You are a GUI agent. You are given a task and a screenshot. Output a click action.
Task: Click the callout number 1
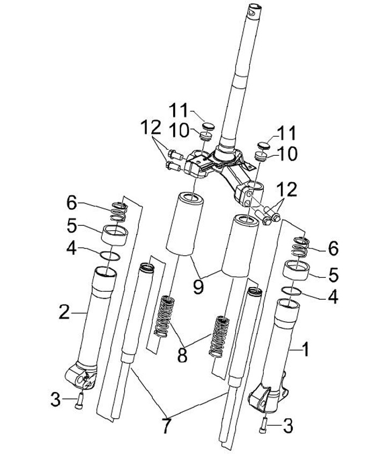click(x=305, y=350)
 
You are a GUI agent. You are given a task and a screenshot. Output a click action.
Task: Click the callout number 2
click(x=64, y=313)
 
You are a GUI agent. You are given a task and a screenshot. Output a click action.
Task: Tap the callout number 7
click(x=166, y=426)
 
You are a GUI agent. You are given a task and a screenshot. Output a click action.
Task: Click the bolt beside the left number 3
click(x=79, y=400)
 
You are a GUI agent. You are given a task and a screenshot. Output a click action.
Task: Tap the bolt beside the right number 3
click(x=263, y=425)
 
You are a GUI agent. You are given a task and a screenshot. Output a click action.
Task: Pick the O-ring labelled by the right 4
click(x=291, y=291)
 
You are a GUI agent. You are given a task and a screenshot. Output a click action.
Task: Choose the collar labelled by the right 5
click(x=296, y=270)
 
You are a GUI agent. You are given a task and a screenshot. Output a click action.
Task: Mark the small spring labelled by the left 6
click(x=119, y=211)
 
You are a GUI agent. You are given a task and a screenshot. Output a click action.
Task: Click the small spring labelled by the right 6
click(x=301, y=247)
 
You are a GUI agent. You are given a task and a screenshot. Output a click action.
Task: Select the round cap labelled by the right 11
click(x=263, y=145)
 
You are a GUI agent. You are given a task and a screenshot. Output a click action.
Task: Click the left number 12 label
click(x=151, y=127)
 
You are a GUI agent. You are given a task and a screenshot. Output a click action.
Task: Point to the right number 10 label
click(x=287, y=154)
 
